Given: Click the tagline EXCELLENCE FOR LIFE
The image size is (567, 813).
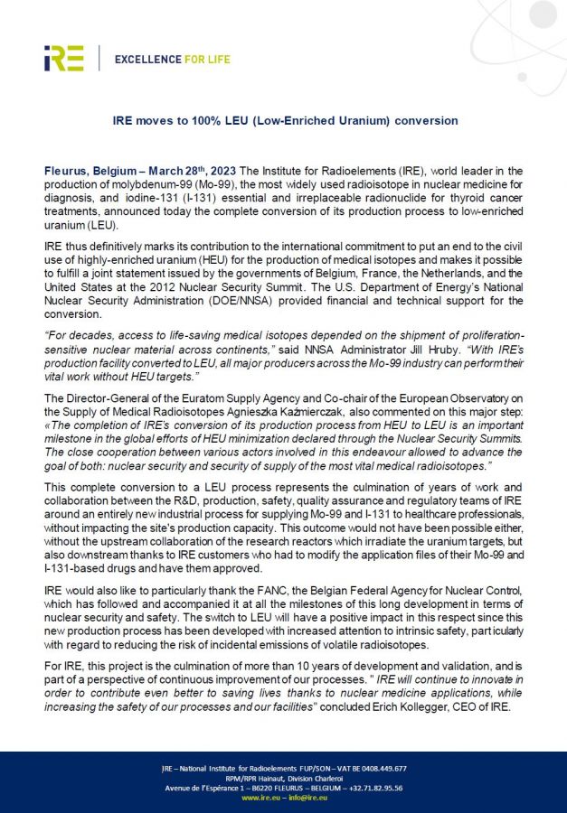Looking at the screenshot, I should pyautogui.click(x=172, y=60).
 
